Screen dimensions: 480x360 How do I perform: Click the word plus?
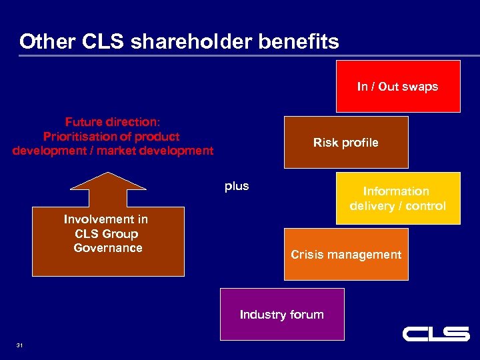pyautogui.click(x=237, y=186)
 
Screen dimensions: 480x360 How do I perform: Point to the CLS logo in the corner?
pyautogui.click(x=436, y=333)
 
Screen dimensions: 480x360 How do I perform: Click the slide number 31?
pyautogui.click(x=19, y=345)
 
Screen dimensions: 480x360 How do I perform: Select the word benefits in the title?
pyautogui.click(x=301, y=42)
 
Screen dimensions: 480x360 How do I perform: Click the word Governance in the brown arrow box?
pyautogui.click(x=108, y=248)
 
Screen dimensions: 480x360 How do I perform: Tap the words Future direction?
pyautogui.click(x=112, y=122)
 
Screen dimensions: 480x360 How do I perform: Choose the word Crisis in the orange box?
pyautogui.click(x=307, y=255)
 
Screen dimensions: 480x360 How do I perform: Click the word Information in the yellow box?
pyautogui.click(x=396, y=191)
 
